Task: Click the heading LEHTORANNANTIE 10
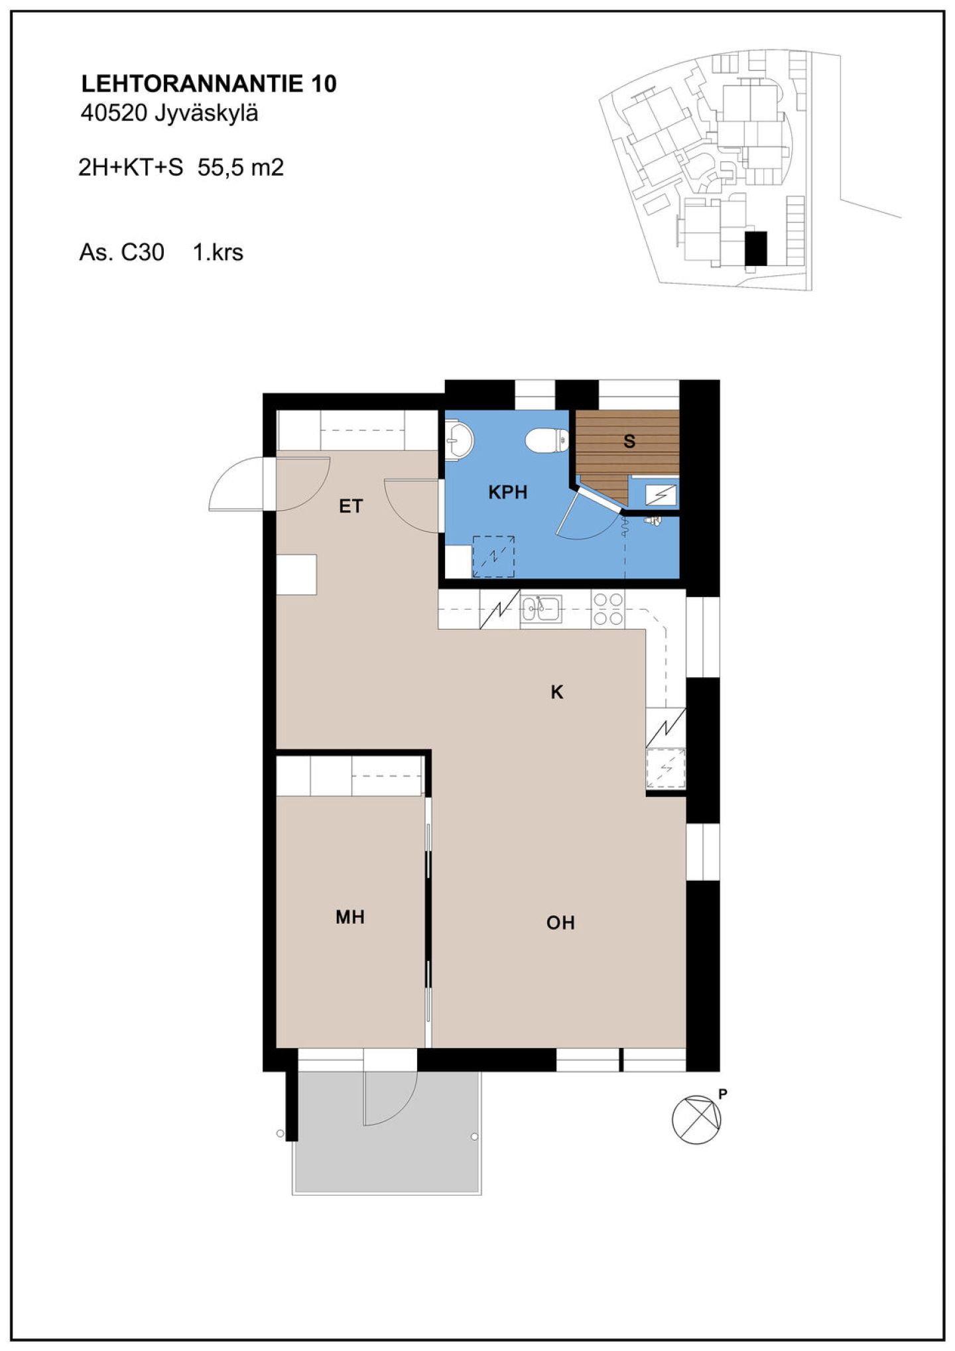209,84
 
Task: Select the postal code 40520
113,113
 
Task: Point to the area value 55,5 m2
241,167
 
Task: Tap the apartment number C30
143,252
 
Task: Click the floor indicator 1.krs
218,252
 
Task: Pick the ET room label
351,506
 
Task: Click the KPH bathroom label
507,492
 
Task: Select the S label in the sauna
629,441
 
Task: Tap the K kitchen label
557,692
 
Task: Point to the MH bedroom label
350,917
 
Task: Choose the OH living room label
560,923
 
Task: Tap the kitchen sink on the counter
541,609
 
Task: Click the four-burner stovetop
608,609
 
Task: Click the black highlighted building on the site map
755,249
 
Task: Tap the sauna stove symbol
661,494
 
